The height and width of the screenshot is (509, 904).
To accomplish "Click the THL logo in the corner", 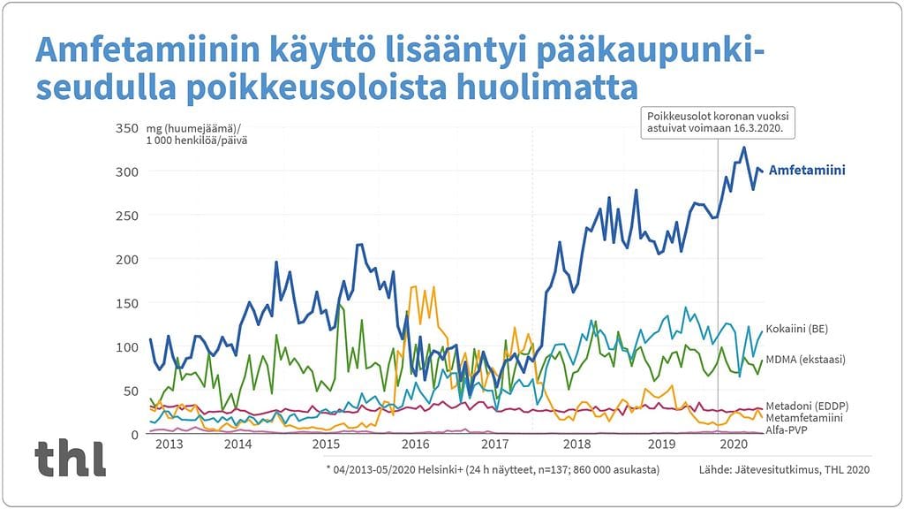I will coord(71,459).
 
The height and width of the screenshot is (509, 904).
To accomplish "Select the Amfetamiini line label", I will coord(807,171).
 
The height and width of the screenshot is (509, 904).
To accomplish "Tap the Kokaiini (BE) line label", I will coord(796,329).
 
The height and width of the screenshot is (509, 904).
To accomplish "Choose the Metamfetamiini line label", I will coord(803,416).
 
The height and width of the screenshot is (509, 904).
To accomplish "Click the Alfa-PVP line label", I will coord(787,429).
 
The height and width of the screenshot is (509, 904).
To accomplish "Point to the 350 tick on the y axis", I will coord(127,129).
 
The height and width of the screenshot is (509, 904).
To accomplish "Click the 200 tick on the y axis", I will coord(127,259).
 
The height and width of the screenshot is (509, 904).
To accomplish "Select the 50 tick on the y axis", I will coord(131,391).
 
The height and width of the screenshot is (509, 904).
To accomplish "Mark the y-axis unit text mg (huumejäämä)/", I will coord(186,129).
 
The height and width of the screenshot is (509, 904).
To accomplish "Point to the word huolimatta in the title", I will coord(554,89).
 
